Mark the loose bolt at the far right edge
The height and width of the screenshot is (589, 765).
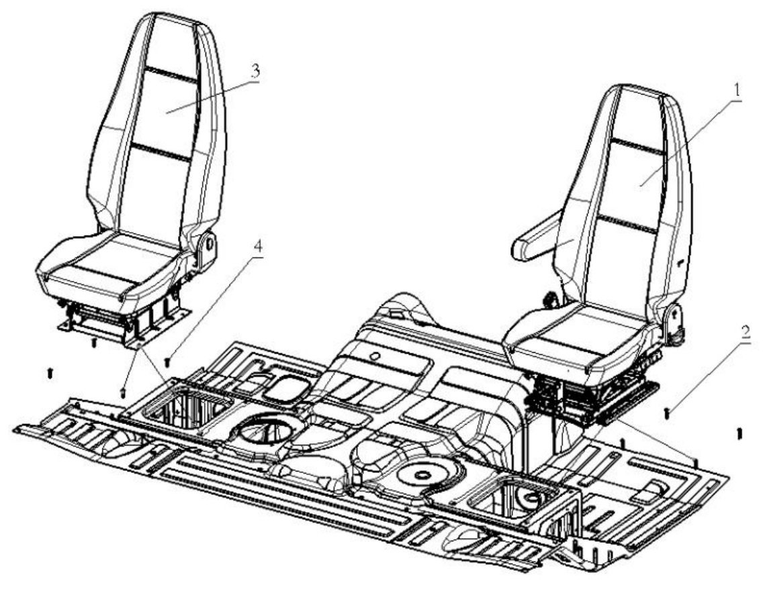(x=739, y=433)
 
